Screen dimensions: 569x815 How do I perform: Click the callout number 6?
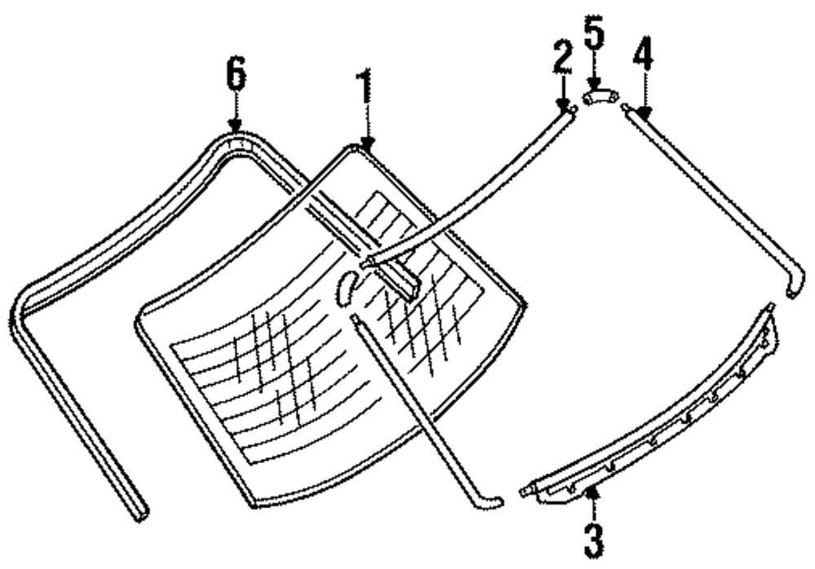coord(235,76)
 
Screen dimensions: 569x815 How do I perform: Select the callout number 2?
coord(562,58)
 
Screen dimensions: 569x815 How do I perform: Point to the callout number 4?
coord(643,58)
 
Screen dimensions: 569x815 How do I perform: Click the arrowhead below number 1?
coord(367,145)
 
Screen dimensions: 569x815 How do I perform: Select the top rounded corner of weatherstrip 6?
coord(236,139)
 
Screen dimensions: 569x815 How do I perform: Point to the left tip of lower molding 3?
coord(524,492)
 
